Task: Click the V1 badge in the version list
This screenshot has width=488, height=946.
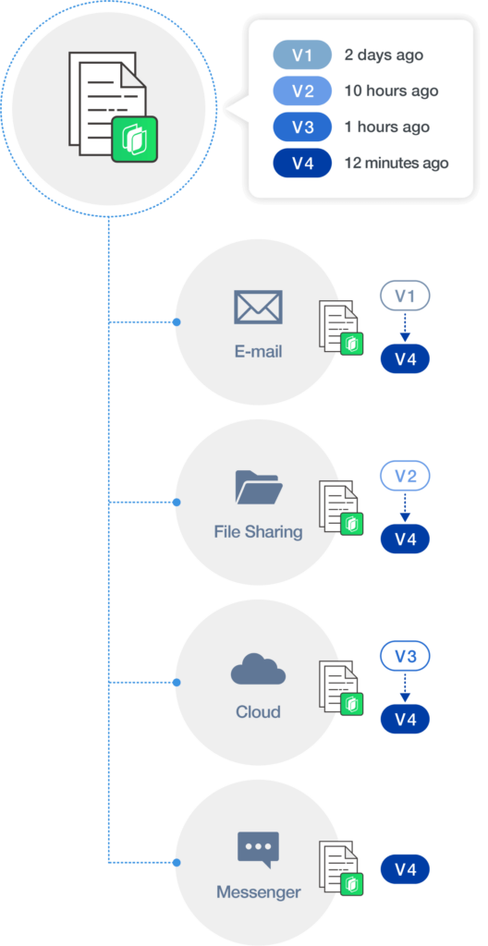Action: point(302,55)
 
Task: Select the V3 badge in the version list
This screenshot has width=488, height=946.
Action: point(302,127)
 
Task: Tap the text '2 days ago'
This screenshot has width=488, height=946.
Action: point(384,55)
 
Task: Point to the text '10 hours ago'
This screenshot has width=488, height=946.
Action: point(391,91)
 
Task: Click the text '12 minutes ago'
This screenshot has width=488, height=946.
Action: point(396,163)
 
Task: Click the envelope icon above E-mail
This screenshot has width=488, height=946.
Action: point(258,307)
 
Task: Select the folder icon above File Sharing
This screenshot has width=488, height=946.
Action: point(259,488)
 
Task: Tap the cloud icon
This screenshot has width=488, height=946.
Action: point(258,669)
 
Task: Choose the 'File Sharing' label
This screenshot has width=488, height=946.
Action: point(258,532)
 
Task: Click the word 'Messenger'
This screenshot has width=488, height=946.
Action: point(258,891)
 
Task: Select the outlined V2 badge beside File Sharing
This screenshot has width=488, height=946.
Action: point(405,478)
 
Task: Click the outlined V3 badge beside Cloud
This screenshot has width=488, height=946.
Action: point(405,658)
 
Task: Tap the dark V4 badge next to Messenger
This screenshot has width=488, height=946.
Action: point(405,870)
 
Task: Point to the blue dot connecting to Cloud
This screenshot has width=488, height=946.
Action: point(177,683)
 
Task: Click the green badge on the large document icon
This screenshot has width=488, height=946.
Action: point(135,139)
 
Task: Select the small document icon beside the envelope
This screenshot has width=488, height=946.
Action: point(341,328)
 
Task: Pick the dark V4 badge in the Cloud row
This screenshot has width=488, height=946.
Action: point(405,720)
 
